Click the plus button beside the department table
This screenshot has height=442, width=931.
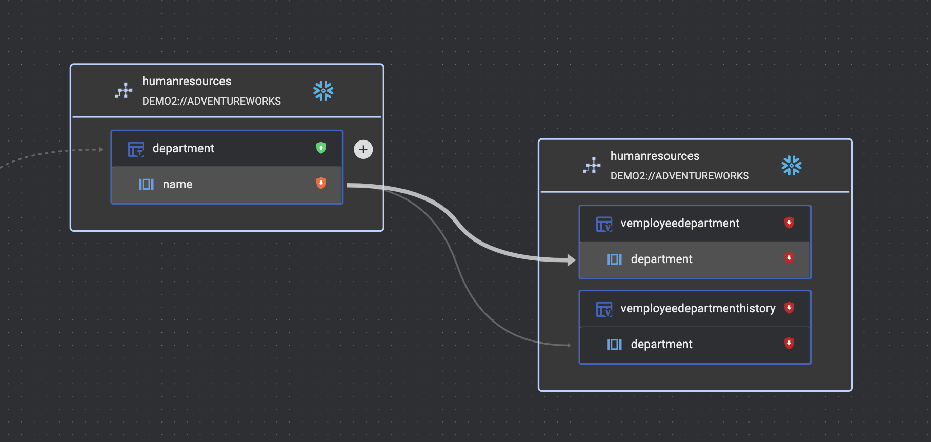click(x=363, y=149)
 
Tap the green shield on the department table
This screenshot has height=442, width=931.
click(x=321, y=148)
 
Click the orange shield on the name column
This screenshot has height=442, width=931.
click(x=321, y=183)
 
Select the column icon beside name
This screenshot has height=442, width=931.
click(x=146, y=184)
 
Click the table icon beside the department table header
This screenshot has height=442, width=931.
click(x=136, y=149)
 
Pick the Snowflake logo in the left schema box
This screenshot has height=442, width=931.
click(x=323, y=91)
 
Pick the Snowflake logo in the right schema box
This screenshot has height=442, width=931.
click(x=791, y=166)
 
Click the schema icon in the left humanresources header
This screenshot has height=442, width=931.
click(x=124, y=91)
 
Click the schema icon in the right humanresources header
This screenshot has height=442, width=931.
click(x=592, y=166)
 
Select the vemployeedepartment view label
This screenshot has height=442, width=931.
click(x=679, y=223)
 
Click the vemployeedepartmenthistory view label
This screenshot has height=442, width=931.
click(x=697, y=308)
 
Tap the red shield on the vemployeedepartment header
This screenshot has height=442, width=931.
click(x=789, y=222)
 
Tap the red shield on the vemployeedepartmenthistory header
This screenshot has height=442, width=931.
click(x=789, y=307)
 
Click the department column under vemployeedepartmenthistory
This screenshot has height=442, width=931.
click(x=661, y=344)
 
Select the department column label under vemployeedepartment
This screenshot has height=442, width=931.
click(x=661, y=259)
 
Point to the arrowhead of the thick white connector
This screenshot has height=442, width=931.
click(x=572, y=260)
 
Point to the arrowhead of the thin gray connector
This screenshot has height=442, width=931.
click(x=568, y=345)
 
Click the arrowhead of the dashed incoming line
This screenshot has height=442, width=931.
click(x=101, y=150)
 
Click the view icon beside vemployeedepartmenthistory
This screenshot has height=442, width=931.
click(x=604, y=309)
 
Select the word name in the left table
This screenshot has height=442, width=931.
click(x=177, y=184)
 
